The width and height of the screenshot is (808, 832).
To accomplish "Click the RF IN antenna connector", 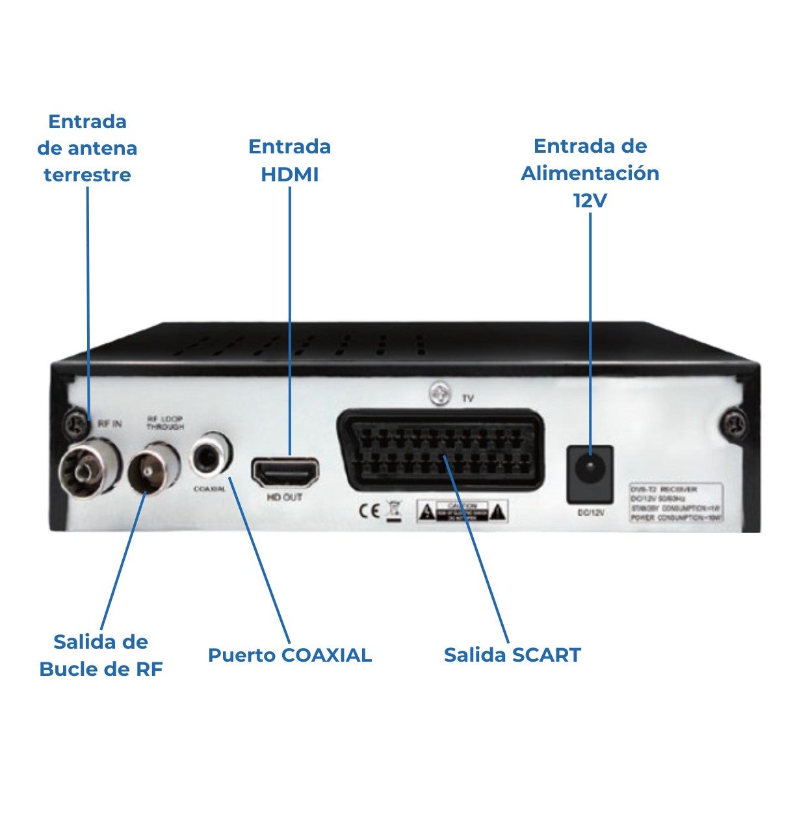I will tap(88, 467).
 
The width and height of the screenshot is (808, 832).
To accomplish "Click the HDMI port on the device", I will tap(285, 473).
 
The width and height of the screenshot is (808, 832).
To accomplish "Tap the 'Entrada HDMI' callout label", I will tap(290, 160).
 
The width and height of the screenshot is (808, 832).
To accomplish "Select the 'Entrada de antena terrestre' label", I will tap(87, 148).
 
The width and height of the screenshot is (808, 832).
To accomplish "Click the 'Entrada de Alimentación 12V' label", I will tap(590, 173).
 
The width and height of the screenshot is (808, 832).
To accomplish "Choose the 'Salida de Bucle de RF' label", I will tap(101, 655).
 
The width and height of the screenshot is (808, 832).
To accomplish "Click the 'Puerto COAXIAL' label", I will tap(290, 655).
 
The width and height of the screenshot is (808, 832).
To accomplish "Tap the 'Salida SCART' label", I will tap(512, 655).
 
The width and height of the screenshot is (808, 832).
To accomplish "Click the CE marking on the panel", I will tap(370, 511).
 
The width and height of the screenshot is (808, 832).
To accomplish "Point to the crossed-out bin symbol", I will tap(393, 511).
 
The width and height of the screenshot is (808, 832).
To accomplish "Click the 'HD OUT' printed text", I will tap(285, 498).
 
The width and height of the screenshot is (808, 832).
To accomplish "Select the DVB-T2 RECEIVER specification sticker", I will tap(675, 502).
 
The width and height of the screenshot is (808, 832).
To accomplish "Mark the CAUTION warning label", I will tap(462, 511).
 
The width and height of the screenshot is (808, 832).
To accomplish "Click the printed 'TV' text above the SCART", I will tap(467, 398).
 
